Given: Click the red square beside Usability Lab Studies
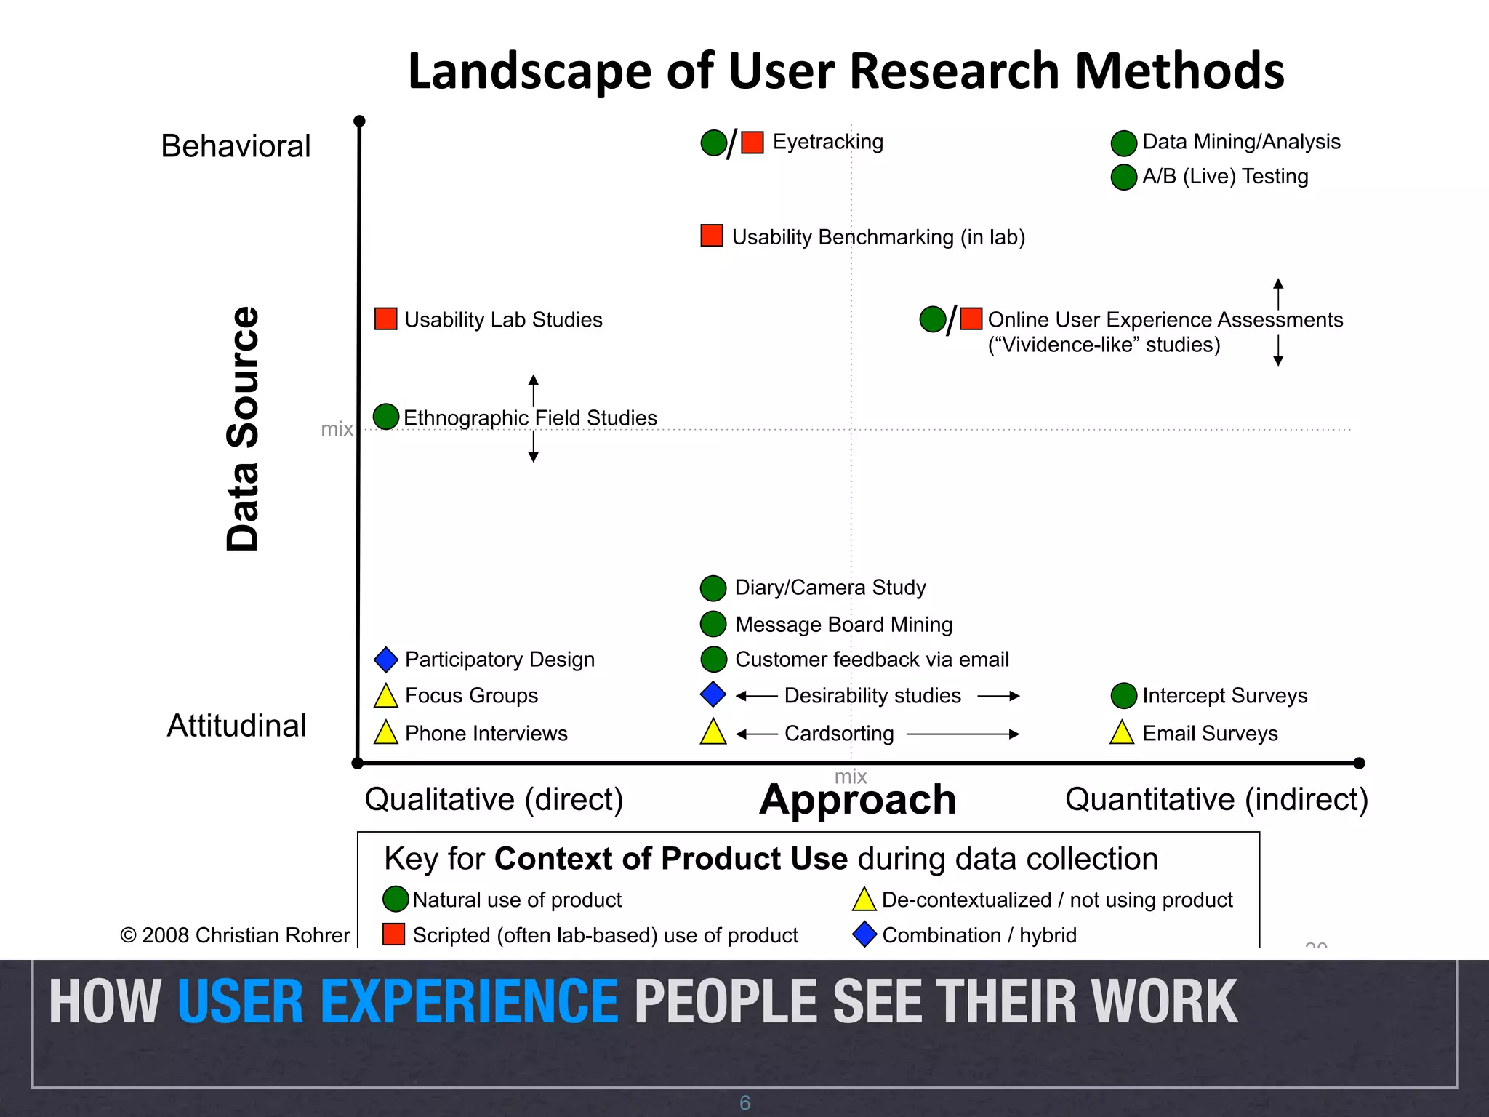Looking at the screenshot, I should click(385, 319).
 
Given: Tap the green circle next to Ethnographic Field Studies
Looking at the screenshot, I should click(386, 417).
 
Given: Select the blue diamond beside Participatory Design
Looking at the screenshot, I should click(385, 660).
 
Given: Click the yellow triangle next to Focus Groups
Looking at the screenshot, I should click(385, 697).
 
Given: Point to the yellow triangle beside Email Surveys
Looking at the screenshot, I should click(1122, 733).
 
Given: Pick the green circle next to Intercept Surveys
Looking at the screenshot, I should click(1123, 695).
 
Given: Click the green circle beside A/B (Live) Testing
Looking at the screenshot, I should click(1123, 177).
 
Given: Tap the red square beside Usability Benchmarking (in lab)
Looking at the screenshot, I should click(711, 236).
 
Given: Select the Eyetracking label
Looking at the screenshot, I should click(827, 142).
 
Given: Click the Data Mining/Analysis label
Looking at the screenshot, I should click(1241, 142).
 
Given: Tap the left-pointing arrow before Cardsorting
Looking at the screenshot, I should click(757, 734).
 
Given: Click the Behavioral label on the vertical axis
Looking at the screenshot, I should click(236, 146).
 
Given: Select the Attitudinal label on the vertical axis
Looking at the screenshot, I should click(237, 726).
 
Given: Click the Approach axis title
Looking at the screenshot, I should click(858, 800).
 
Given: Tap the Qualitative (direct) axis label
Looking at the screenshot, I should click(494, 800).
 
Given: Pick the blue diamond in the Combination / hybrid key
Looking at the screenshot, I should click(864, 934).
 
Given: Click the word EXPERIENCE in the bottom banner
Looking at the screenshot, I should click(398, 1002).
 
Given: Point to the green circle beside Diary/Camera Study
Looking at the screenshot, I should click(713, 588).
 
